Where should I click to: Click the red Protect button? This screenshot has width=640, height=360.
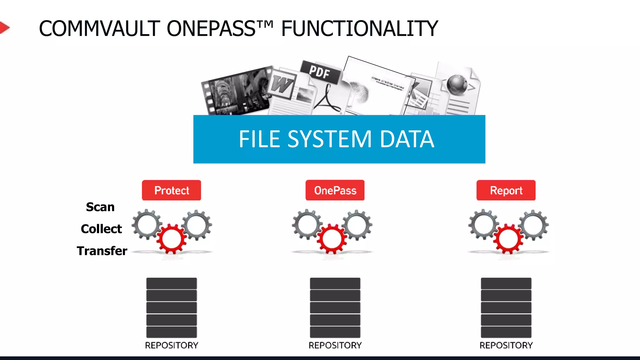point(171,190)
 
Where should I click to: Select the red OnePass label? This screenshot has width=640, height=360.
point(335,190)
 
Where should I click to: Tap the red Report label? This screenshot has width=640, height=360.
point(506,190)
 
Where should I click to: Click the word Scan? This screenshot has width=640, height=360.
point(100,207)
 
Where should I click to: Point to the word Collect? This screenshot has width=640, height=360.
point(101,229)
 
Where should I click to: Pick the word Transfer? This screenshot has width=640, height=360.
point(102,251)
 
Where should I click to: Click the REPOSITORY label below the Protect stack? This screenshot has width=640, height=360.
point(171,345)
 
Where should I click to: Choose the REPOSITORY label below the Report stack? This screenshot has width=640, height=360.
point(506,345)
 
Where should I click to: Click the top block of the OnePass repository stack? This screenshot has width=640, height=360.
point(335,283)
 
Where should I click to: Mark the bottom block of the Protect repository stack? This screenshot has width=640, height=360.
point(171,332)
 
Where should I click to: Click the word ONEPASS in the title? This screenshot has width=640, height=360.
point(211,29)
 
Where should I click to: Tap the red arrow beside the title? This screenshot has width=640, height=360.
point(4,28)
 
